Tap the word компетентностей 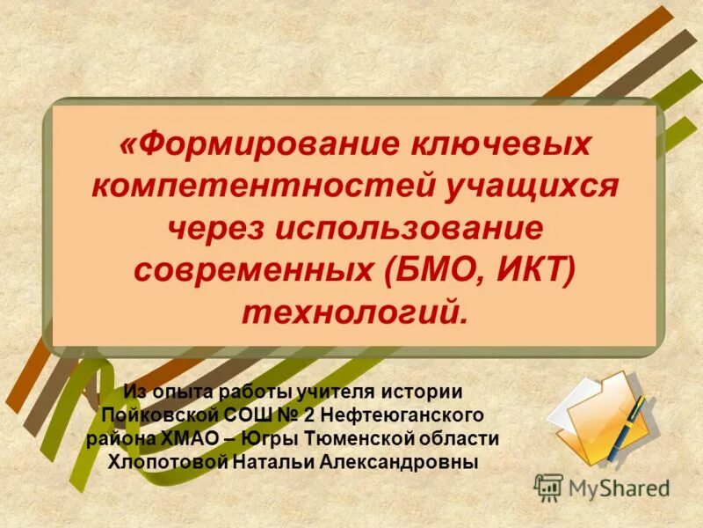(247, 186)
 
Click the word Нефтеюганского (407, 414)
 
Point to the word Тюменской (367, 437)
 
